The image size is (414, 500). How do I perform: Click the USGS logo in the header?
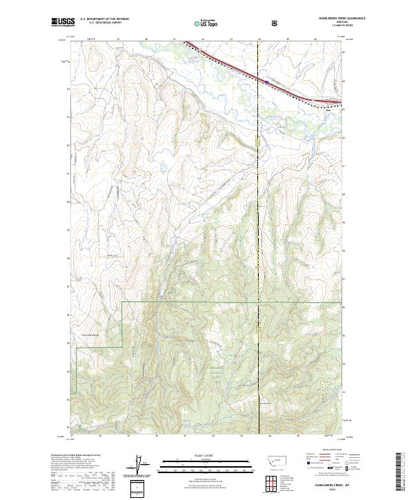click(63, 23)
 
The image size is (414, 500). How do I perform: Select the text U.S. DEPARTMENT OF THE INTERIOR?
click(104, 20)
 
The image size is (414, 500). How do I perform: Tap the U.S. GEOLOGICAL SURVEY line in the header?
click(100, 23)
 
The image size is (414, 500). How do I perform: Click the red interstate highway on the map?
click(235, 67)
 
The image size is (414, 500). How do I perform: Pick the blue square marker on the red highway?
click(266, 81)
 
